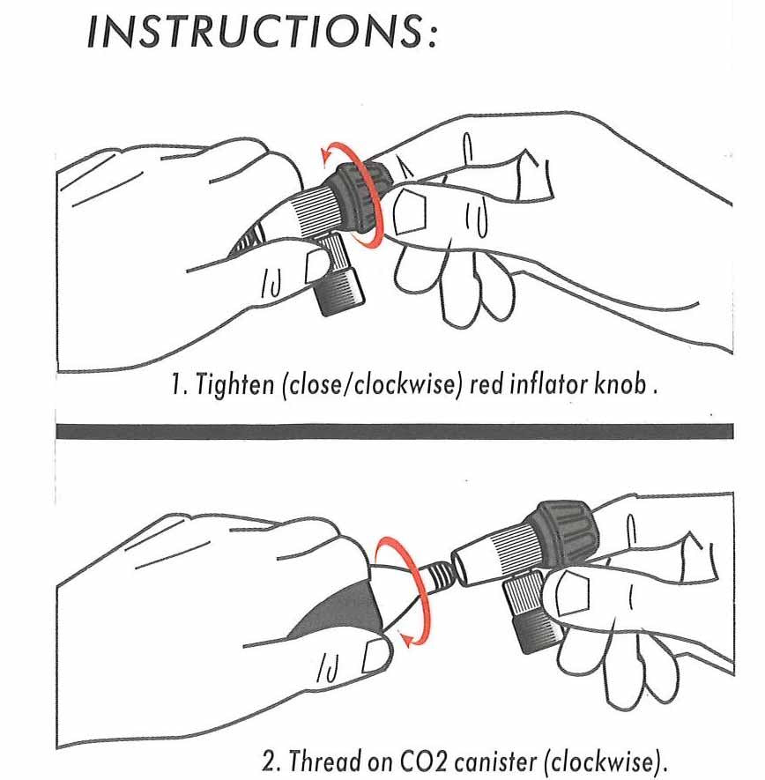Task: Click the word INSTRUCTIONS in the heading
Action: click(x=255, y=32)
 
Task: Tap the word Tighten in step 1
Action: click(x=235, y=385)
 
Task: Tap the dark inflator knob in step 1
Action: click(x=359, y=196)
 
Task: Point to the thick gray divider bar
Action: click(x=395, y=431)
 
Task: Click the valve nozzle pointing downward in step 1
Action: click(x=338, y=276)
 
